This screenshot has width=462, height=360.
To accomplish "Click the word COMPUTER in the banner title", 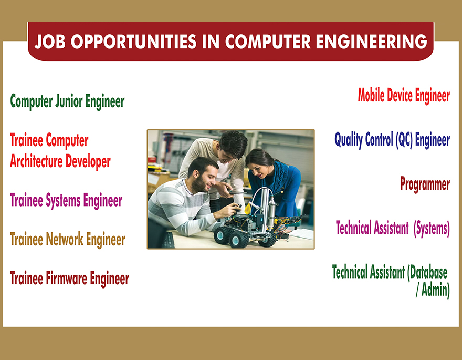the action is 268,42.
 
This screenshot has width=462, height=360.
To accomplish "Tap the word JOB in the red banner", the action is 50,42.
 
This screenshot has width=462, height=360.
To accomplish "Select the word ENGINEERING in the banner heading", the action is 372,42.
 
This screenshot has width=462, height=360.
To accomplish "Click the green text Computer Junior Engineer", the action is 68,101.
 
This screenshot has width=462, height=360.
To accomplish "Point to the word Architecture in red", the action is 36,161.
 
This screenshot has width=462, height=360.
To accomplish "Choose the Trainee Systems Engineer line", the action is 66,200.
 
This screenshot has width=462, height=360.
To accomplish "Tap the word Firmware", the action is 67,279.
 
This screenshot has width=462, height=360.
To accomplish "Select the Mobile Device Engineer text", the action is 404,96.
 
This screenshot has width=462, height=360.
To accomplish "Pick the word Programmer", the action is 425,184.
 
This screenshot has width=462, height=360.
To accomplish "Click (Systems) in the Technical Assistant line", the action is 432,229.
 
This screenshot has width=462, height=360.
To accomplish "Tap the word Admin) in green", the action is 435,290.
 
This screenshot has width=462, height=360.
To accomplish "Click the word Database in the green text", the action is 427,272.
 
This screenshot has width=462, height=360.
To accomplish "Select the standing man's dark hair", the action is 233,144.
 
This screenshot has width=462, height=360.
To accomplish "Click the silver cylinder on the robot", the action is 271,212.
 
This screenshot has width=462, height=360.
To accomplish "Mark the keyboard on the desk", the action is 169,240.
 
